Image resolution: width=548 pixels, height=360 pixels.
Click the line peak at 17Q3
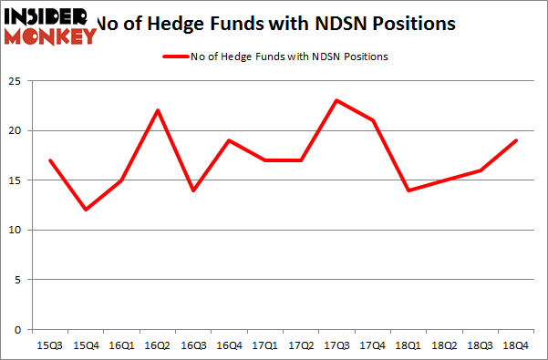(337, 100)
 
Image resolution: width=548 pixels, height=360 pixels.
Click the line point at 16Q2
(159, 110)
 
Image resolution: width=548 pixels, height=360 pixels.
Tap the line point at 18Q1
(408, 190)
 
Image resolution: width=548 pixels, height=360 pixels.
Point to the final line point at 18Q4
(516, 140)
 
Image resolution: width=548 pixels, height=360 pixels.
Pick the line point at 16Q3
(194, 190)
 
